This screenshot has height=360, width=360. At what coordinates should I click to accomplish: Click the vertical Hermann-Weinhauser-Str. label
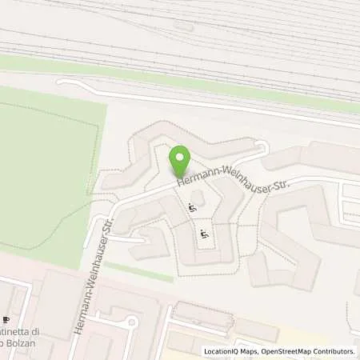click(93, 276)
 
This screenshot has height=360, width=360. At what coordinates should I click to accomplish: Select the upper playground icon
click(190, 209)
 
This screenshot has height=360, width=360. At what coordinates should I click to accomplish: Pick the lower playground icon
click(205, 234)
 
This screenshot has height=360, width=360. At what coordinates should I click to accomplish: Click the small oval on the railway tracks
click(183, 26)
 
